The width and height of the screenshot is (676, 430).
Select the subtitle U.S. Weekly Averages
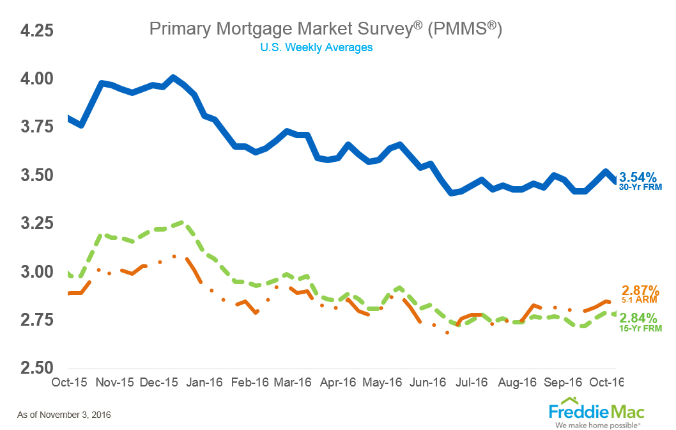click(x=316, y=47)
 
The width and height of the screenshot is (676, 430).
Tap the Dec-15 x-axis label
click(x=158, y=383)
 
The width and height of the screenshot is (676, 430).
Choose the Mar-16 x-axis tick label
click(x=292, y=383)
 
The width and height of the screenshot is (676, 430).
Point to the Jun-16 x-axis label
click(x=427, y=383)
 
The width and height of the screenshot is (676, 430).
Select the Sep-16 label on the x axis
click(x=562, y=383)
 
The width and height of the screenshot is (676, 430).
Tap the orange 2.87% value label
click(x=640, y=290)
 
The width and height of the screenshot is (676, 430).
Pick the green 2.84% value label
click(x=641, y=317)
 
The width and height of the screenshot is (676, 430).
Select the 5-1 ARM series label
click(x=641, y=299)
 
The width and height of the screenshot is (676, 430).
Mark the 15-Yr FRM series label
click(x=641, y=328)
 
